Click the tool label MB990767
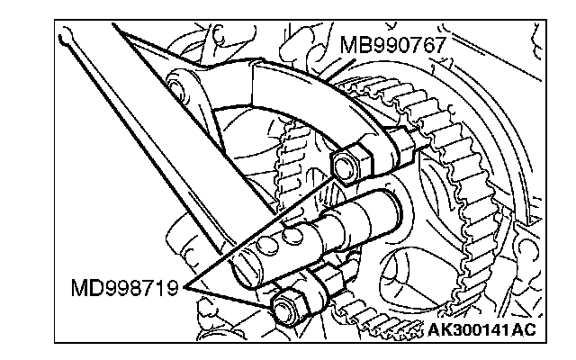pos(393,45)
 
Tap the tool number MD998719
pos(124,288)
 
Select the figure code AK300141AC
pos(482,329)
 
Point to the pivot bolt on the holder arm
pos(176,86)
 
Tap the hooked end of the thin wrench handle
pos(66,36)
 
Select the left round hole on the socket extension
pos(267,245)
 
